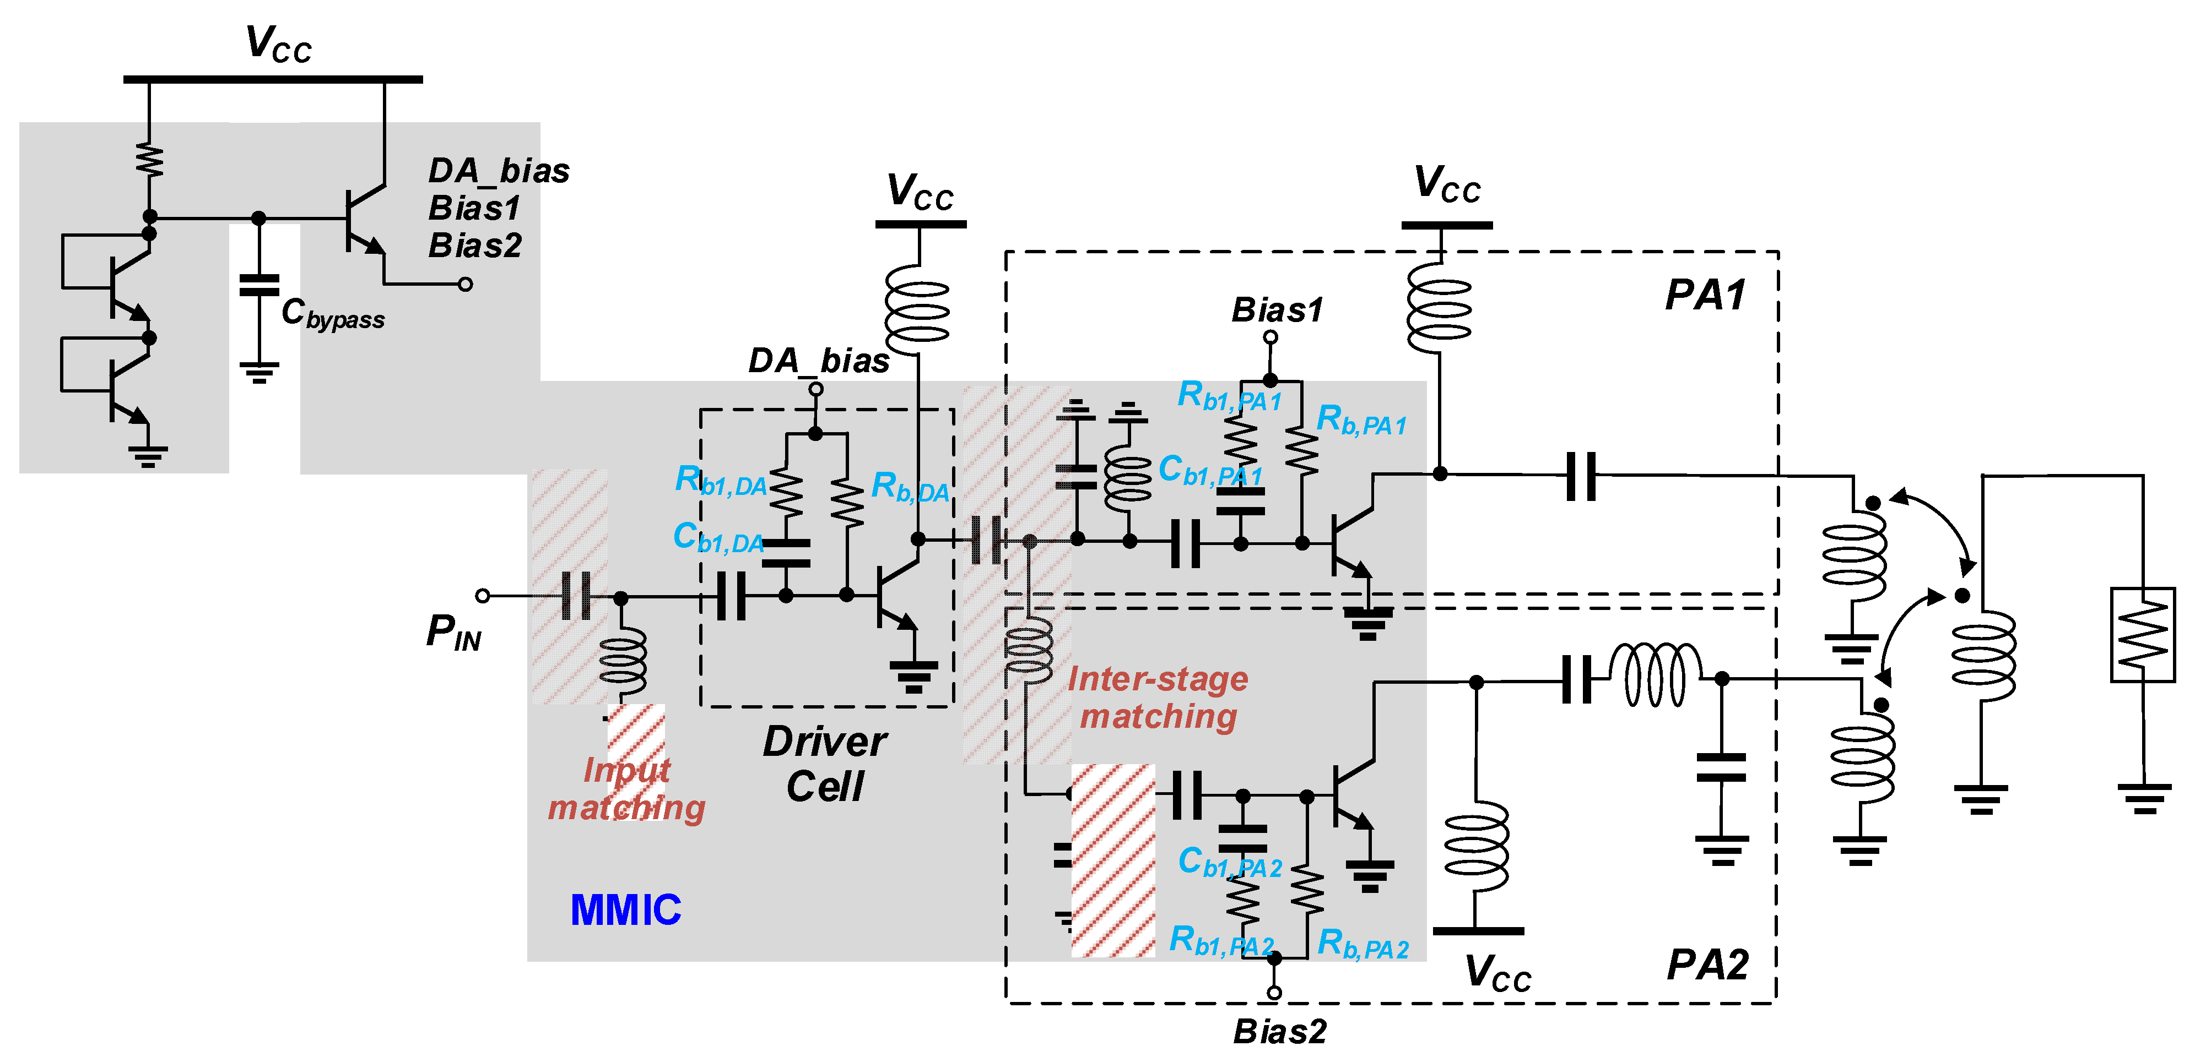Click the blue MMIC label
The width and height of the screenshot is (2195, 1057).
[x=625, y=909]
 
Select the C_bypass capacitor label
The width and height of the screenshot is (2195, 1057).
[x=332, y=314]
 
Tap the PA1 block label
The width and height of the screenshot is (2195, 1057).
[x=1705, y=296]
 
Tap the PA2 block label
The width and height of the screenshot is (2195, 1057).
[x=1707, y=965]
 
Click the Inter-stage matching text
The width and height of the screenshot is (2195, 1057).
[x=1157, y=698]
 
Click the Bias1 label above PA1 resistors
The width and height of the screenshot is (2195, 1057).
[x=1277, y=310]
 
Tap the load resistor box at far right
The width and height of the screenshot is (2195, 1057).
[x=2142, y=635]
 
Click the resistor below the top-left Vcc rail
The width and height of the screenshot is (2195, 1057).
[x=150, y=161]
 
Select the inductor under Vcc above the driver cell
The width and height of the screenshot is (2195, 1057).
[x=918, y=312]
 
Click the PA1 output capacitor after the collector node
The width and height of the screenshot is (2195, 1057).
[x=1581, y=475]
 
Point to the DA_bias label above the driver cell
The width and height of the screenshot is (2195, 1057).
[x=818, y=361]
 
